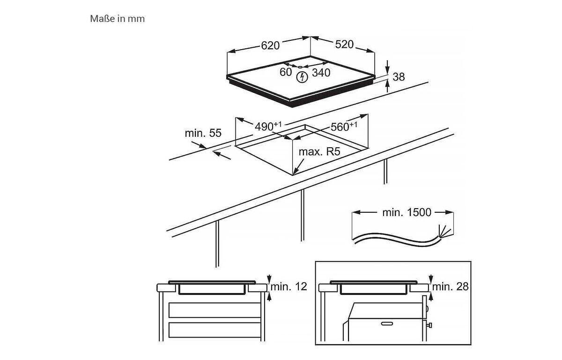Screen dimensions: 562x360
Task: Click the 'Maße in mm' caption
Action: (x=118, y=19)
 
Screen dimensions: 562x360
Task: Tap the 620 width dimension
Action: (x=270, y=45)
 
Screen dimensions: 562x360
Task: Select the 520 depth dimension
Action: (x=344, y=45)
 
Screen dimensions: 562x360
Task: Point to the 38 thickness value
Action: (x=399, y=77)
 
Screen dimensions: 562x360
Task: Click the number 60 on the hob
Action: (x=286, y=72)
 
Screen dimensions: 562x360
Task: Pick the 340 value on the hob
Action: (x=321, y=73)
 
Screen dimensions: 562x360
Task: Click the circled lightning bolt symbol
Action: (x=302, y=77)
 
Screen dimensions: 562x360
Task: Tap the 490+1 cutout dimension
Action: (x=268, y=126)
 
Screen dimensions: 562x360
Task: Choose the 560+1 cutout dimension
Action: (x=344, y=127)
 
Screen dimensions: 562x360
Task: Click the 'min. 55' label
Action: (x=203, y=133)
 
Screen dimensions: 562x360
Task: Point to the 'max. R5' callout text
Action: (x=319, y=151)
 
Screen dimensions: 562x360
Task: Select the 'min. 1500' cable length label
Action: (x=407, y=212)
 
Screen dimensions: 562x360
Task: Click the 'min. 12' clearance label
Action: (x=289, y=286)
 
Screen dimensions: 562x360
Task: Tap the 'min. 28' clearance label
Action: (x=451, y=286)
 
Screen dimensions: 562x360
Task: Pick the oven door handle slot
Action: (x=387, y=323)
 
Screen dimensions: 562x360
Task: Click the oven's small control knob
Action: (x=429, y=325)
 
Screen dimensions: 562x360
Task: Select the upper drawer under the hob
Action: (x=215, y=310)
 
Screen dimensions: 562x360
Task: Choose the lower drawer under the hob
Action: (x=215, y=330)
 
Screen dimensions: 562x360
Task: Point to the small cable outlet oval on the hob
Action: (x=300, y=67)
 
